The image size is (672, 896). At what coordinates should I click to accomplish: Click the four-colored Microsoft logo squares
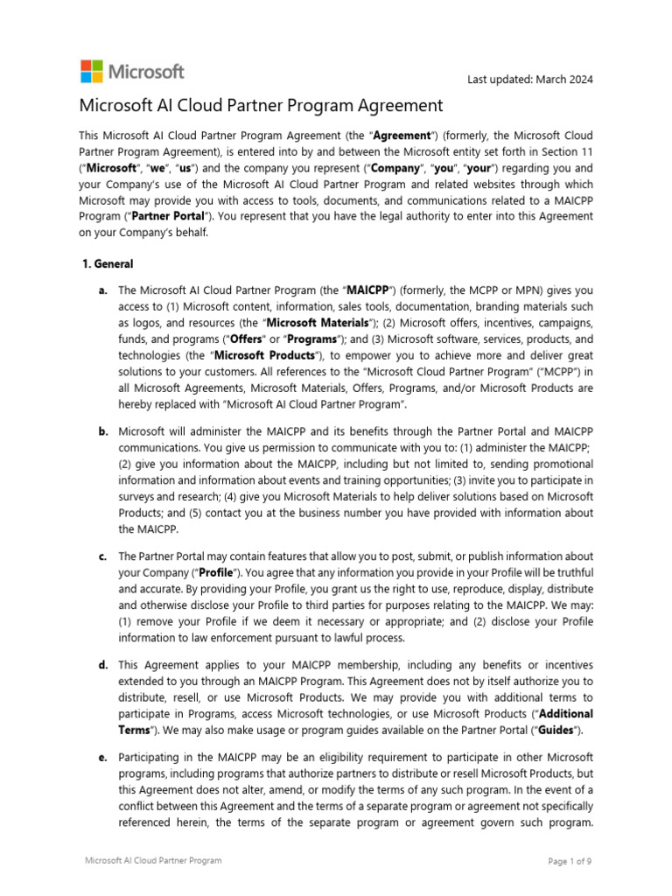(91, 72)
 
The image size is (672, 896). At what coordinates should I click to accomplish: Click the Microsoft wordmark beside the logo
(145, 72)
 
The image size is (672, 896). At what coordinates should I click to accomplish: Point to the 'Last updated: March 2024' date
(530, 80)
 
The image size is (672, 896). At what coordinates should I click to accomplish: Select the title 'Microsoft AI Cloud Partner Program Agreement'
(262, 106)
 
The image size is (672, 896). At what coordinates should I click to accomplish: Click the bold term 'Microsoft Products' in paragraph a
(264, 354)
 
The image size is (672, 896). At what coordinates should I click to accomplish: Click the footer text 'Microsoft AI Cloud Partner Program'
(153, 861)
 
